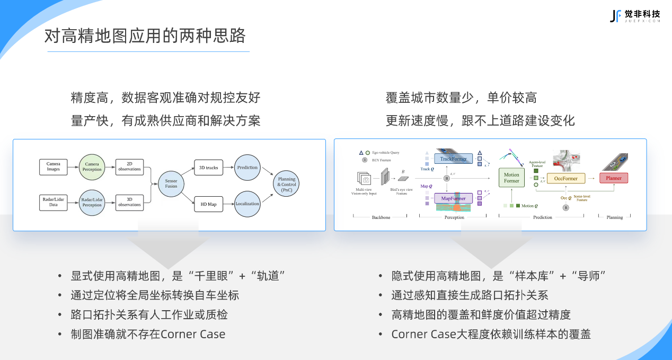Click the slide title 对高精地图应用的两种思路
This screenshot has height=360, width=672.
click(x=145, y=36)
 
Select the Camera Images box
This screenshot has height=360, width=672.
click(x=54, y=166)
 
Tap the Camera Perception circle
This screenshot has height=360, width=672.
click(x=92, y=167)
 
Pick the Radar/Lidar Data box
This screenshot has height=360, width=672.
click(x=54, y=202)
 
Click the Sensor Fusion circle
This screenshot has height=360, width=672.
click(x=171, y=183)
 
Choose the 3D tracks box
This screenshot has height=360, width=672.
click(x=209, y=168)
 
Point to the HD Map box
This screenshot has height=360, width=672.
click(x=209, y=204)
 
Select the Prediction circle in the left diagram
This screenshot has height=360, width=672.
click(x=247, y=168)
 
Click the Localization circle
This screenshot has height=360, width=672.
click(x=247, y=204)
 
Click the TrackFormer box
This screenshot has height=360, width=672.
click(x=453, y=159)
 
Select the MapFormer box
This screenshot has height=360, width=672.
click(x=453, y=198)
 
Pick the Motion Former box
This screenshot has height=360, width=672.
click(x=511, y=178)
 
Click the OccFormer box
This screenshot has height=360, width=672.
click(x=565, y=179)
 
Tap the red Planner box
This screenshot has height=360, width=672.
click(x=614, y=178)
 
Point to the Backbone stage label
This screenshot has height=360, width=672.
click(x=381, y=217)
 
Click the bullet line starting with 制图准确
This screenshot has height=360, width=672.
click(x=148, y=335)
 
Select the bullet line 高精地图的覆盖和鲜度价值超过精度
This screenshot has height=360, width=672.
click(x=481, y=315)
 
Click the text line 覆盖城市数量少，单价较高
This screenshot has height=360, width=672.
click(x=461, y=98)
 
